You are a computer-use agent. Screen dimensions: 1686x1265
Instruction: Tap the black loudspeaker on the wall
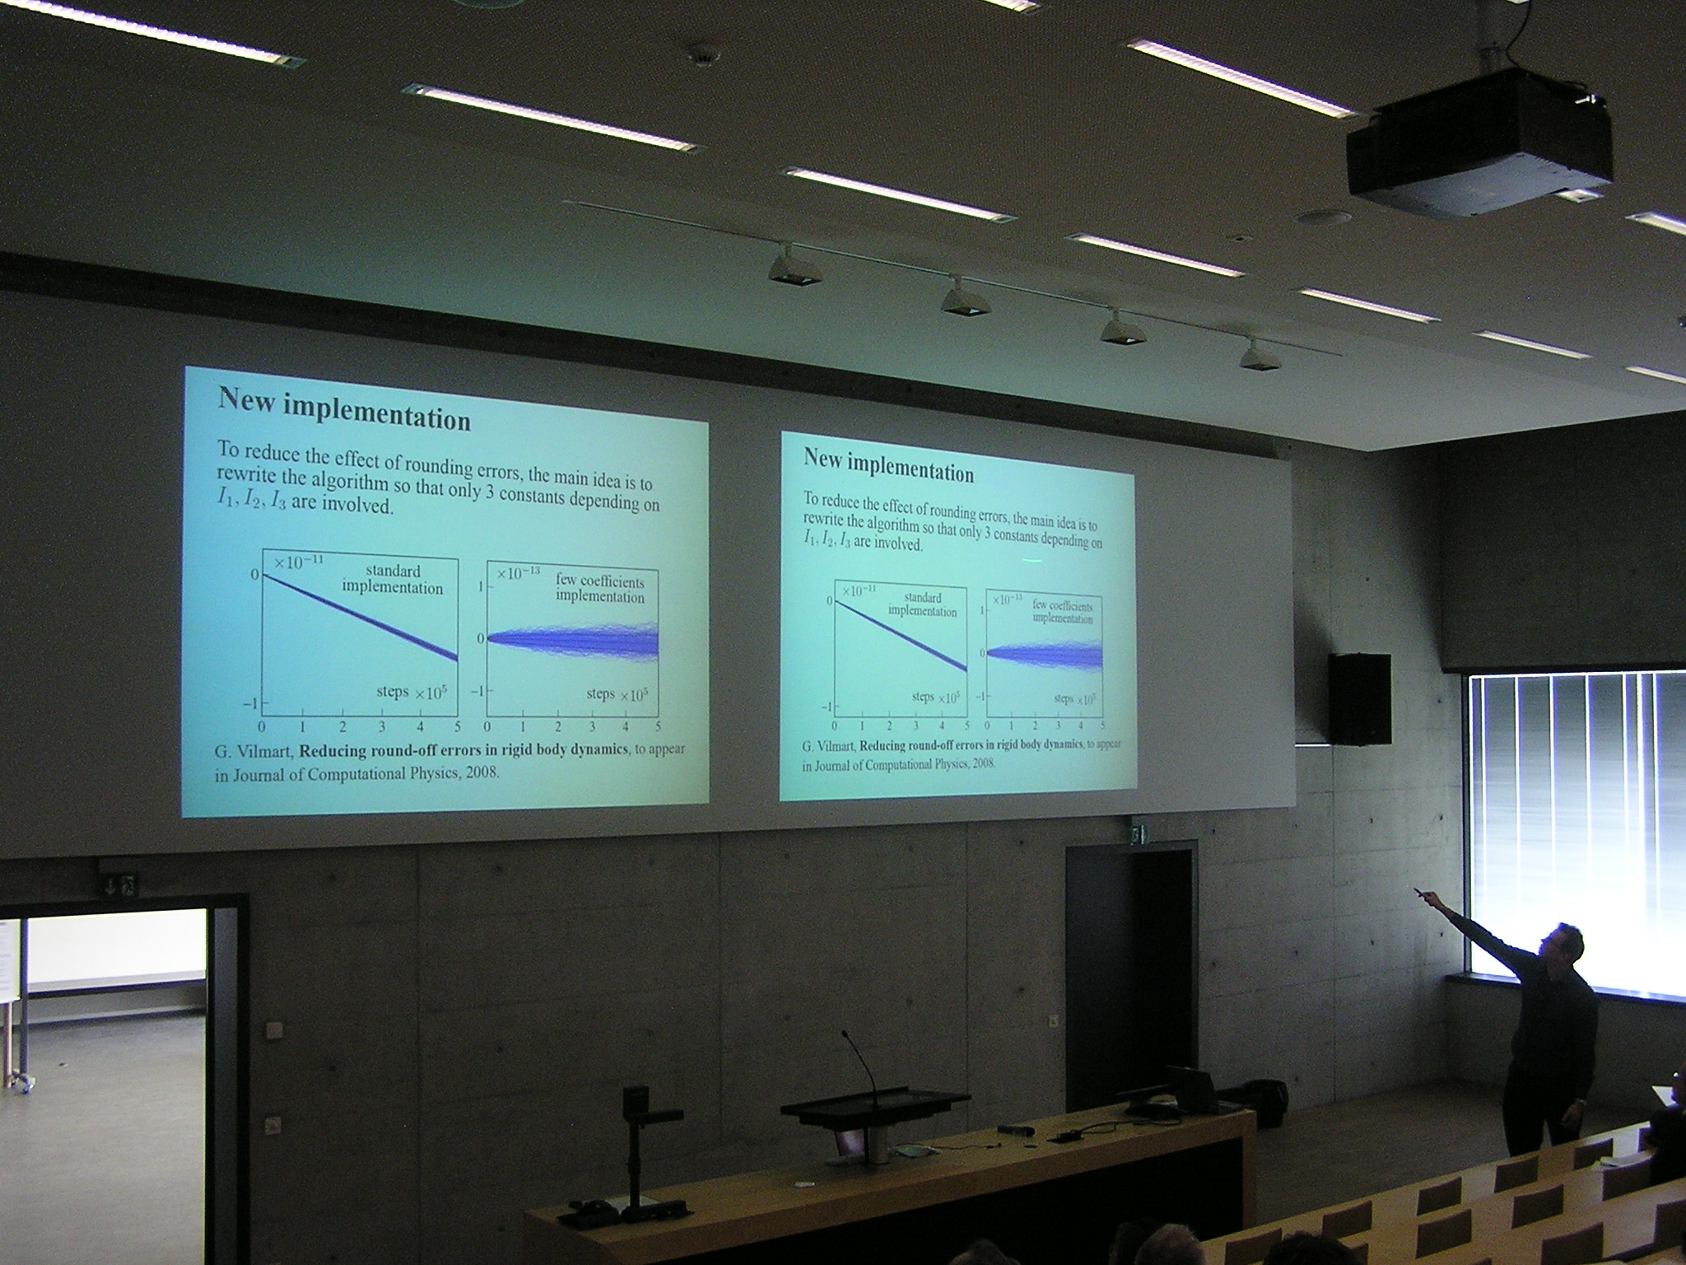1360,699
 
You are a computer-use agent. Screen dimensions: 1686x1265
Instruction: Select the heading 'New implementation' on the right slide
888,466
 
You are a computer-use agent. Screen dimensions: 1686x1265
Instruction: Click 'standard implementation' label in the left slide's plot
393,579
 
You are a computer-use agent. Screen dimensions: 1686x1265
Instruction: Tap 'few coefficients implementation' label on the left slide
600,588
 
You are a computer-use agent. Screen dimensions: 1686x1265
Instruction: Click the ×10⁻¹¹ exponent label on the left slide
301,561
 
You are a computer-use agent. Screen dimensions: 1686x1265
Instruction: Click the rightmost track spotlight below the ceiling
1256,354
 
